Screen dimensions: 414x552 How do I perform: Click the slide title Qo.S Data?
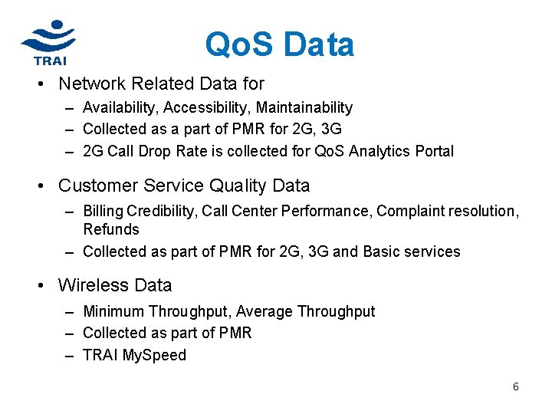pyautogui.click(x=279, y=44)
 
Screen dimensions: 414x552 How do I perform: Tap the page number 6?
pyautogui.click(x=516, y=386)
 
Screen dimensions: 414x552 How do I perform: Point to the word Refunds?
pyautogui.click(x=111, y=229)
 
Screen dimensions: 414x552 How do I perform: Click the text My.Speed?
pyautogui.click(x=154, y=355)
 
